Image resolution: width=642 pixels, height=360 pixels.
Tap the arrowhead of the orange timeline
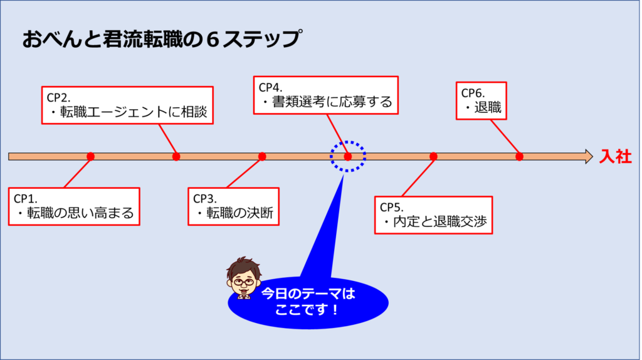(588, 157)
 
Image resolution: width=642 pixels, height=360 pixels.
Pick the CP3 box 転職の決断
(234, 206)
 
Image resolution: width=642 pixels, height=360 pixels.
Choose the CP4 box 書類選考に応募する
(325, 95)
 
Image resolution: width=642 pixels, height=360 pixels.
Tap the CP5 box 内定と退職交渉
(433, 215)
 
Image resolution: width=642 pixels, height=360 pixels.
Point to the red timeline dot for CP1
(90, 157)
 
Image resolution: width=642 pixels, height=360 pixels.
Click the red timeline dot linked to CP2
(176, 157)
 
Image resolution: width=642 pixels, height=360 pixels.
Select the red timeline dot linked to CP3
(262, 157)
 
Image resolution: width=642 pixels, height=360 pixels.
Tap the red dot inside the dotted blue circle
(348, 157)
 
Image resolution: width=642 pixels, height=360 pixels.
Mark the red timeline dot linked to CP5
(433, 157)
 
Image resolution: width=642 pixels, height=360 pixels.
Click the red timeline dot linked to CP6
(519, 157)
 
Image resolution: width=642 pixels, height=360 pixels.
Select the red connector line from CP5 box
(417, 177)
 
